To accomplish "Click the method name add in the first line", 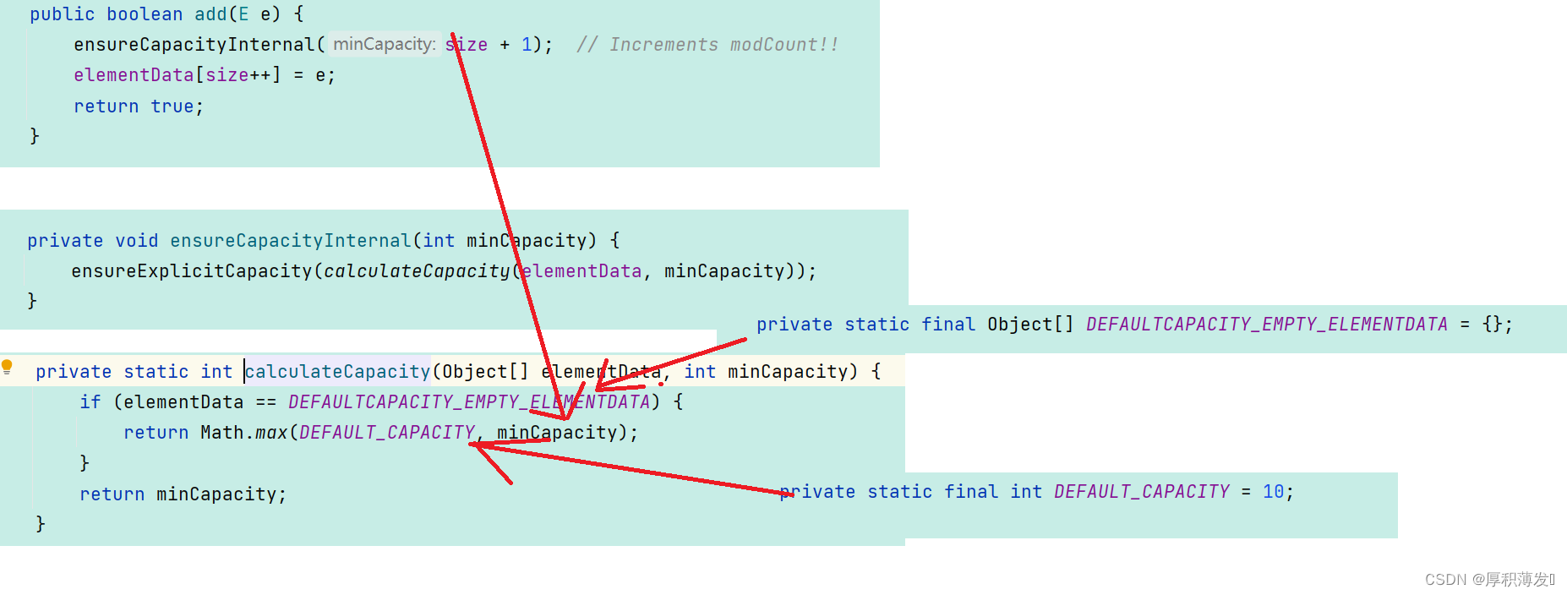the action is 210,14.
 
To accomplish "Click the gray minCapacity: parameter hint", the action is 385,44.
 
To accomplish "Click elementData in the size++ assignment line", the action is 134,75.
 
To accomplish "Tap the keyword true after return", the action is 172,106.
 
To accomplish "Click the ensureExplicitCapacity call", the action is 191,271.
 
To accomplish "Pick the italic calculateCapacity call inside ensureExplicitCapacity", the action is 417,271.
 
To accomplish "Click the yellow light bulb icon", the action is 8,367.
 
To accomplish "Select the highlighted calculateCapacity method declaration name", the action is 337,372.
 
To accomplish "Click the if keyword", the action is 90,402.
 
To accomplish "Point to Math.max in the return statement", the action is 243,433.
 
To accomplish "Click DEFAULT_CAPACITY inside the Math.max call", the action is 387,433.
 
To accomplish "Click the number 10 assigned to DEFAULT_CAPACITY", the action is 1273,492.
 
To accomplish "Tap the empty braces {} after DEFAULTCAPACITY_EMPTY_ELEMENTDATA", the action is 1492,325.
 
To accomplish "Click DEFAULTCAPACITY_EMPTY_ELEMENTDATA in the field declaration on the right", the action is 1266,325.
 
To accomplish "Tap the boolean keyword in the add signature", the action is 145,14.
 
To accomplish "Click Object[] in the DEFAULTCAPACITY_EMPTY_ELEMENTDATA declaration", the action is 1029,325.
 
